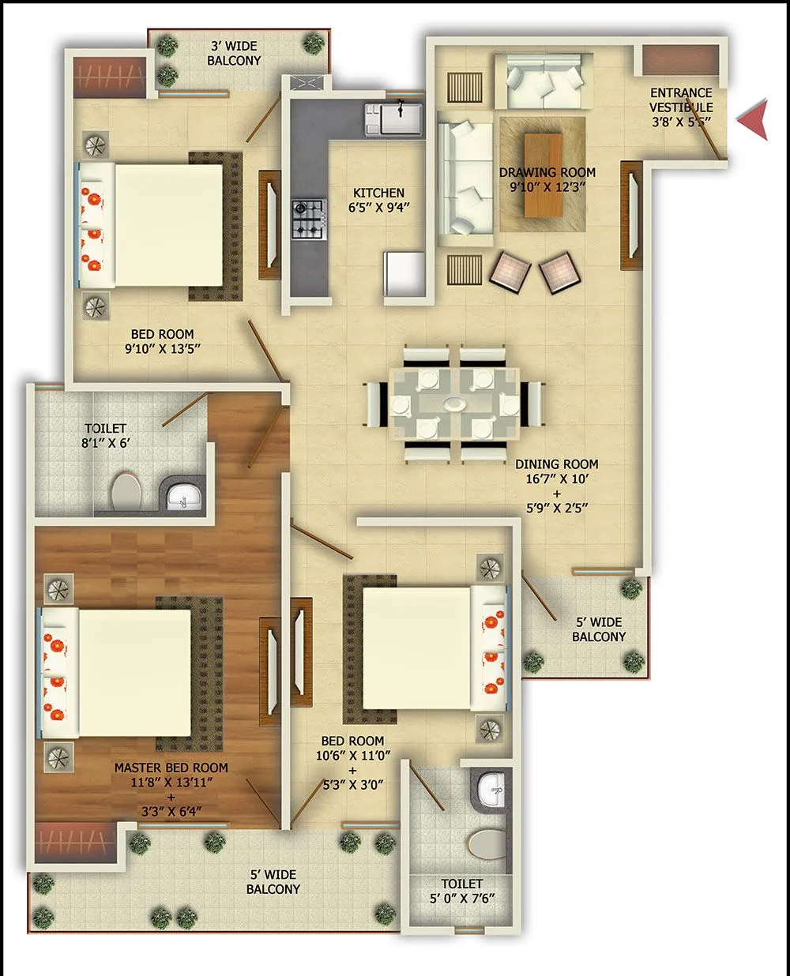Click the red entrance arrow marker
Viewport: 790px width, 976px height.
754,120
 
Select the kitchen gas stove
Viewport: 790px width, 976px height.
309,219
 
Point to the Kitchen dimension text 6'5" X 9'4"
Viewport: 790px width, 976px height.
379,208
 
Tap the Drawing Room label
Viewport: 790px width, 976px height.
547,172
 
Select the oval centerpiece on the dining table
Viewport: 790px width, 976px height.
454,404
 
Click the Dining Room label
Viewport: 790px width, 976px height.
557,464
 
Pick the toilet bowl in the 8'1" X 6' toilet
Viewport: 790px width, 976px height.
126,491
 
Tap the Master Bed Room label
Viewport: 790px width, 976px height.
171,768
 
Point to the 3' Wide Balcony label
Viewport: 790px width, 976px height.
234,54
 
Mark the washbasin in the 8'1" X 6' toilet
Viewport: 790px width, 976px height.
184,497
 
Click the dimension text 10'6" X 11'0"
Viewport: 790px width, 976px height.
352,756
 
